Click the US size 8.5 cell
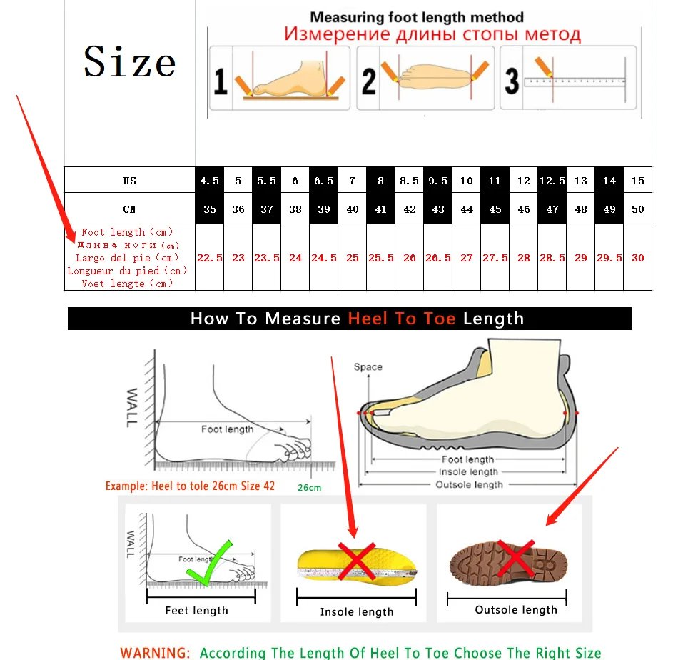409,181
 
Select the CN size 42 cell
409,209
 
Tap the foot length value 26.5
437,258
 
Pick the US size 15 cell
637,181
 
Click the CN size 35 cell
209,209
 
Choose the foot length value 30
637,258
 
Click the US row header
129,181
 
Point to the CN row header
129,209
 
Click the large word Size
129,61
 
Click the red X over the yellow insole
357,561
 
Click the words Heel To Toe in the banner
401,319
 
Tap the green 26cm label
309,488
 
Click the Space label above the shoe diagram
368,367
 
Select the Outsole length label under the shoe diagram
469,485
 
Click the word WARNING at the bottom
155,653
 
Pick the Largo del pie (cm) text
127,258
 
